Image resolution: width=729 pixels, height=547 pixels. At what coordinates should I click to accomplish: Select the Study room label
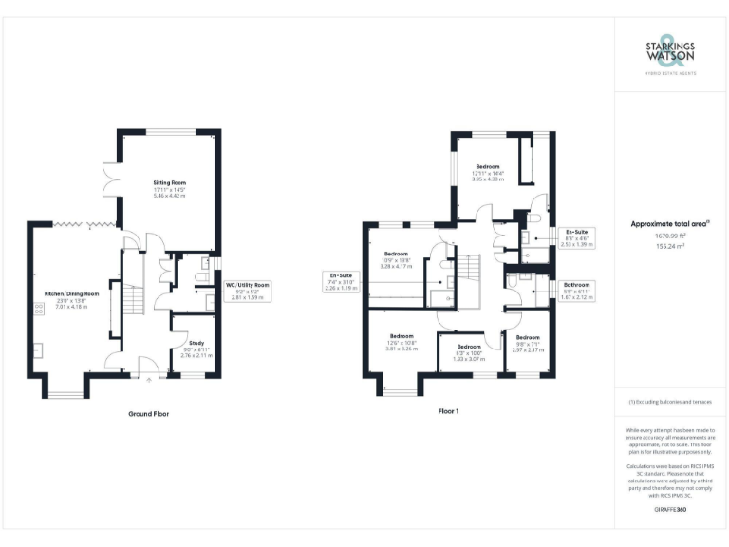[x=196, y=349]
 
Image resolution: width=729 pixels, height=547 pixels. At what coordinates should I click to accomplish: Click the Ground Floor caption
[x=150, y=414]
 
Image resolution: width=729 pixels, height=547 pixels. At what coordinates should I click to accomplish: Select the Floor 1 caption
[x=448, y=412]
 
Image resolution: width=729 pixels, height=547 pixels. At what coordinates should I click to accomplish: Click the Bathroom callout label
[x=576, y=290]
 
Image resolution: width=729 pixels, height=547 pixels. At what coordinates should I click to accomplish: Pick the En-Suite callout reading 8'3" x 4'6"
[x=576, y=237]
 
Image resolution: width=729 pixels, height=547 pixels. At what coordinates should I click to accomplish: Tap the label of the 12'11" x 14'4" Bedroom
[x=487, y=173]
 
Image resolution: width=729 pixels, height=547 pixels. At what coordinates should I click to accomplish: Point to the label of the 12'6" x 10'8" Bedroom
[x=401, y=342]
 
